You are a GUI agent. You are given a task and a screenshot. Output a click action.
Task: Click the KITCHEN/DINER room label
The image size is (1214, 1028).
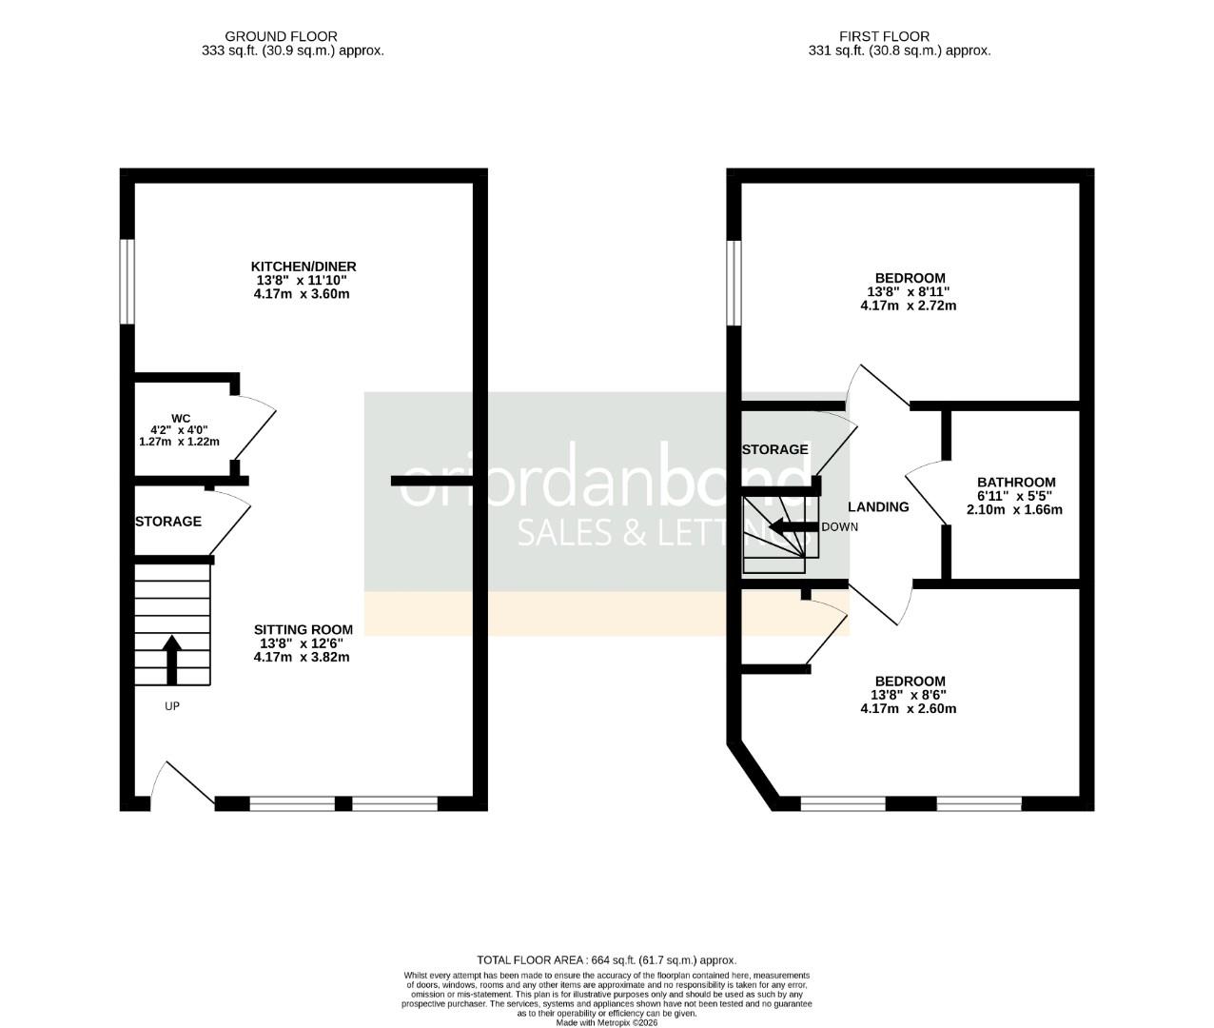(303, 267)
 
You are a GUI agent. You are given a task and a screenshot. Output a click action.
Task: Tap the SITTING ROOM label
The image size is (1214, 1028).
(303, 629)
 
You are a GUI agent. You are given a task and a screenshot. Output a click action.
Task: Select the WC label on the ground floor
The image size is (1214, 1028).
(181, 418)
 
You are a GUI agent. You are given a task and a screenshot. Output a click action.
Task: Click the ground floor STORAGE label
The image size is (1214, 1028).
(168, 522)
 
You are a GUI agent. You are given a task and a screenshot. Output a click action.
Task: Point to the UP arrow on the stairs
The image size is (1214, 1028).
(172, 660)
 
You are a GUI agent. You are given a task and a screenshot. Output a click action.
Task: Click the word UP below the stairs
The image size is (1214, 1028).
(172, 706)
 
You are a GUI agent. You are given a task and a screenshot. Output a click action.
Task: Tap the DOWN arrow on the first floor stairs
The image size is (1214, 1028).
(788, 526)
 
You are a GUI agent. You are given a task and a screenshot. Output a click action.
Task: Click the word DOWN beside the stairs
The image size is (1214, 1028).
(839, 526)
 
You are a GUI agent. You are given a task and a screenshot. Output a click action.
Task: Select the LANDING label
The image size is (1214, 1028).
(878, 506)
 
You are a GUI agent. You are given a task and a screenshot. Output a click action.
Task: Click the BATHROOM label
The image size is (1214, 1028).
(1016, 483)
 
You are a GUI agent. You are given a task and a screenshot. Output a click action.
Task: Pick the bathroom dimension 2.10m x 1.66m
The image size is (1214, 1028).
(1014, 509)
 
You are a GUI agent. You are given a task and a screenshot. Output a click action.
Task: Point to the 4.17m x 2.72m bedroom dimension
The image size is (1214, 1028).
(908, 306)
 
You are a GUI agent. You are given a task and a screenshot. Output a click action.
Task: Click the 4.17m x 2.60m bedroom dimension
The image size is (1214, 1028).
(908, 708)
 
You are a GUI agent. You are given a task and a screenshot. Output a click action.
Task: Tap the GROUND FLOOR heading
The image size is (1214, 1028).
(293, 36)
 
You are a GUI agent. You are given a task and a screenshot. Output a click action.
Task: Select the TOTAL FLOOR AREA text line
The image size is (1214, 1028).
(606, 959)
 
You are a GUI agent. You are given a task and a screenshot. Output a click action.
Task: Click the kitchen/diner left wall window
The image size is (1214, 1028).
(126, 281)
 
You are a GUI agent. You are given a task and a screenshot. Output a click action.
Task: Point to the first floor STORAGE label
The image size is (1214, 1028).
(774, 449)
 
